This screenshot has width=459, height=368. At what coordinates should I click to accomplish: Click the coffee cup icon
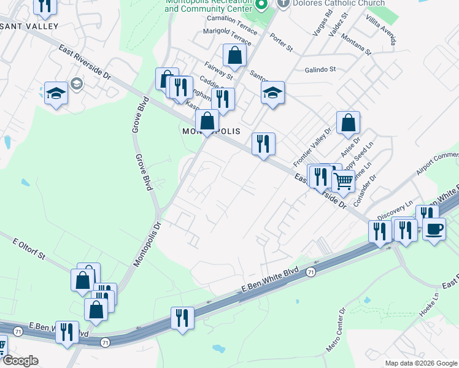434,229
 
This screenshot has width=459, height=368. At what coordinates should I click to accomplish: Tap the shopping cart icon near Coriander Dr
343,180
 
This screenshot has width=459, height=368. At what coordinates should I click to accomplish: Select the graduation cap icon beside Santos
272,93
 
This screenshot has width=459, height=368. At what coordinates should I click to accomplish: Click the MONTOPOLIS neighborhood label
209,132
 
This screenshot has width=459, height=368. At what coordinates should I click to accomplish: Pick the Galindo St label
320,69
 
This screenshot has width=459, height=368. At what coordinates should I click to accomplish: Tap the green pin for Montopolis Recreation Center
261,6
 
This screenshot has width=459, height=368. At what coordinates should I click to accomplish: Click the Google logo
20,361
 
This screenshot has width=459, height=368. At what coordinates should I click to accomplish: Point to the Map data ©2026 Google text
420,363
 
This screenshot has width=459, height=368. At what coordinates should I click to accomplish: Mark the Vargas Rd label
317,23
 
